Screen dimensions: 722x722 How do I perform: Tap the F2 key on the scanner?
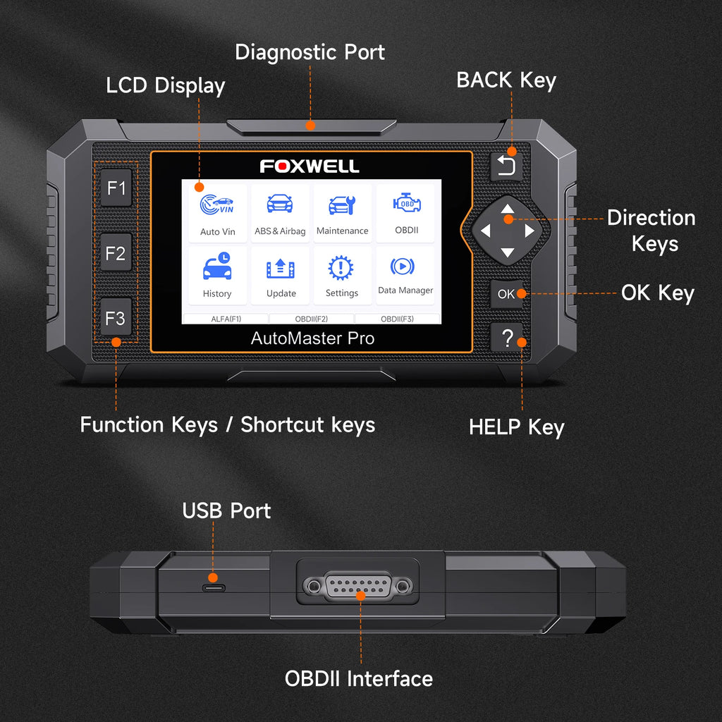pyautogui.click(x=116, y=253)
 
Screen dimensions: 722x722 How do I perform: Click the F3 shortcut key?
pyautogui.click(x=116, y=318)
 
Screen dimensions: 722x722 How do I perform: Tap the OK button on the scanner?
pyautogui.click(x=506, y=294)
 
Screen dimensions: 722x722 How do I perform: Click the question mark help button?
pyautogui.click(x=506, y=338)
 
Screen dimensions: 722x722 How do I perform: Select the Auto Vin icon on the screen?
pyautogui.click(x=217, y=205)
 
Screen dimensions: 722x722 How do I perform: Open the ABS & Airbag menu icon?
pyautogui.click(x=280, y=204)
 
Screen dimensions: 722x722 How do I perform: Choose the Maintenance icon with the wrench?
pyautogui.click(x=342, y=205)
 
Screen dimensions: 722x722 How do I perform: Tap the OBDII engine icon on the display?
pyautogui.click(x=407, y=202)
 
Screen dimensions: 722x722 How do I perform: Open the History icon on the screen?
pyautogui.click(x=217, y=266)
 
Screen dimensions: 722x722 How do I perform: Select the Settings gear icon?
pyautogui.click(x=341, y=267)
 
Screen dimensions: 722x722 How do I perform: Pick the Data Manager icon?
pyautogui.click(x=403, y=266)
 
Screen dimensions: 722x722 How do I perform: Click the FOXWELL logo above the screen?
pyautogui.click(x=310, y=166)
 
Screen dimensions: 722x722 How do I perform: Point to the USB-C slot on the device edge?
pyautogui.click(x=214, y=588)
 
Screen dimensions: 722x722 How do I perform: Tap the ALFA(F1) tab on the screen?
pyautogui.click(x=226, y=319)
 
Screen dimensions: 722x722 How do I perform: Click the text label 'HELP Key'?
pyautogui.click(x=516, y=427)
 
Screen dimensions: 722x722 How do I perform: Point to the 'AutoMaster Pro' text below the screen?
pyautogui.click(x=312, y=338)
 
